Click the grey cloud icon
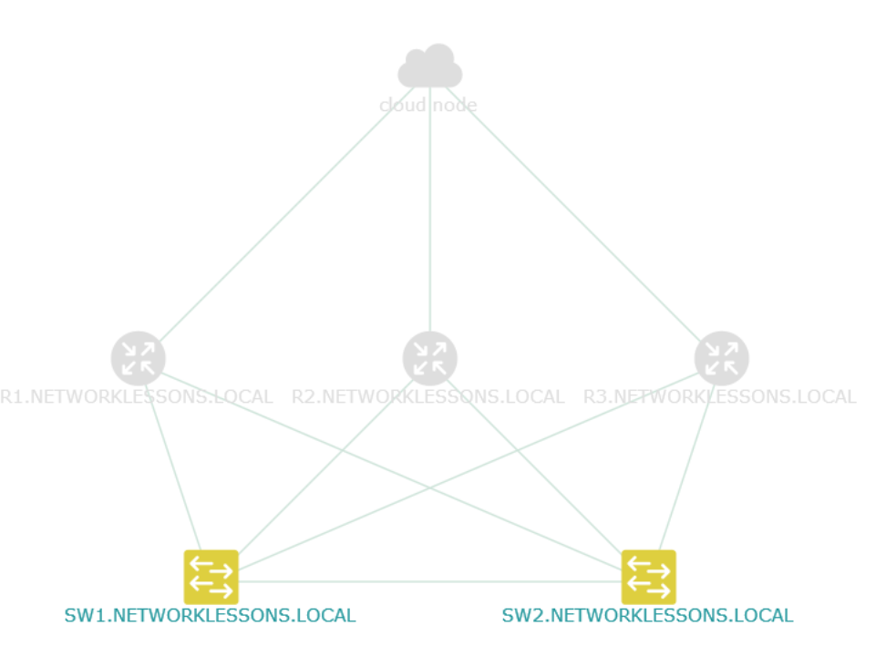(x=430, y=66)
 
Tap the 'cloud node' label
(x=428, y=105)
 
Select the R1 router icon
(x=139, y=359)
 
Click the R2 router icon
(x=430, y=359)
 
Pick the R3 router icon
(x=722, y=359)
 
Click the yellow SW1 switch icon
(x=211, y=577)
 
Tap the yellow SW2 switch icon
(x=649, y=577)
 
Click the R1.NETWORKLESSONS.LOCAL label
(x=137, y=396)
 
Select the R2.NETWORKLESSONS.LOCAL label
(x=428, y=396)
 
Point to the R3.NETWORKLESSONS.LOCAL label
(x=720, y=396)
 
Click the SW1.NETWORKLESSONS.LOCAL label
(x=211, y=615)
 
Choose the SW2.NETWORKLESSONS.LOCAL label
(x=647, y=615)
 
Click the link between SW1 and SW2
(x=430, y=581)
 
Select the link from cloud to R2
(x=430, y=210)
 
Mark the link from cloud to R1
(x=286, y=214)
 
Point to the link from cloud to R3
(x=573, y=214)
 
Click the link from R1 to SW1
(x=173, y=467)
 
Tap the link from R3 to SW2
(x=686, y=467)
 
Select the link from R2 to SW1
(x=326, y=467)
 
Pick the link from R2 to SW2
(x=534, y=467)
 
